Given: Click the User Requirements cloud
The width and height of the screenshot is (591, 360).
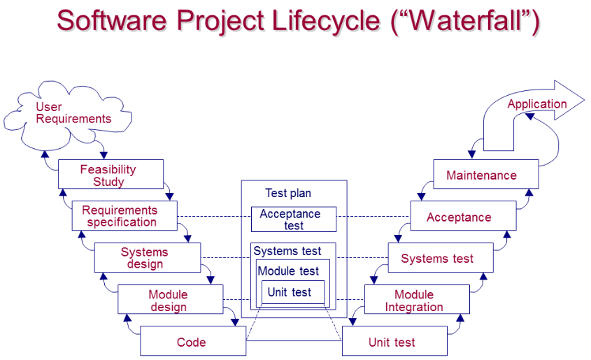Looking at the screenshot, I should point(73,113).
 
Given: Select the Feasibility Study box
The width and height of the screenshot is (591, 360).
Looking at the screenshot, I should point(111,175).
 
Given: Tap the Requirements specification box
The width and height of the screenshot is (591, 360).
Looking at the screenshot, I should point(124,216).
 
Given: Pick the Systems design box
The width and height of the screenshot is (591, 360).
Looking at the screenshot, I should point(147,257).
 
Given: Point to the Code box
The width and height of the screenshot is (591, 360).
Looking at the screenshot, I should point(192,342).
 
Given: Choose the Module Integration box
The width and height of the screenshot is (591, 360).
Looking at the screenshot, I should point(417,300).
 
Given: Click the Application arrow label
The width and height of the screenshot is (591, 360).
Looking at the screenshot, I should point(536,104).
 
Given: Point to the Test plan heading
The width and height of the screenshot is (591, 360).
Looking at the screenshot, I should point(288,193).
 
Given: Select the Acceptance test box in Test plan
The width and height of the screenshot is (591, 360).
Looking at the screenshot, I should point(293,219).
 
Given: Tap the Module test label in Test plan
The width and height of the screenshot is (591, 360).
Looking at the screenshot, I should point(288,271).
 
